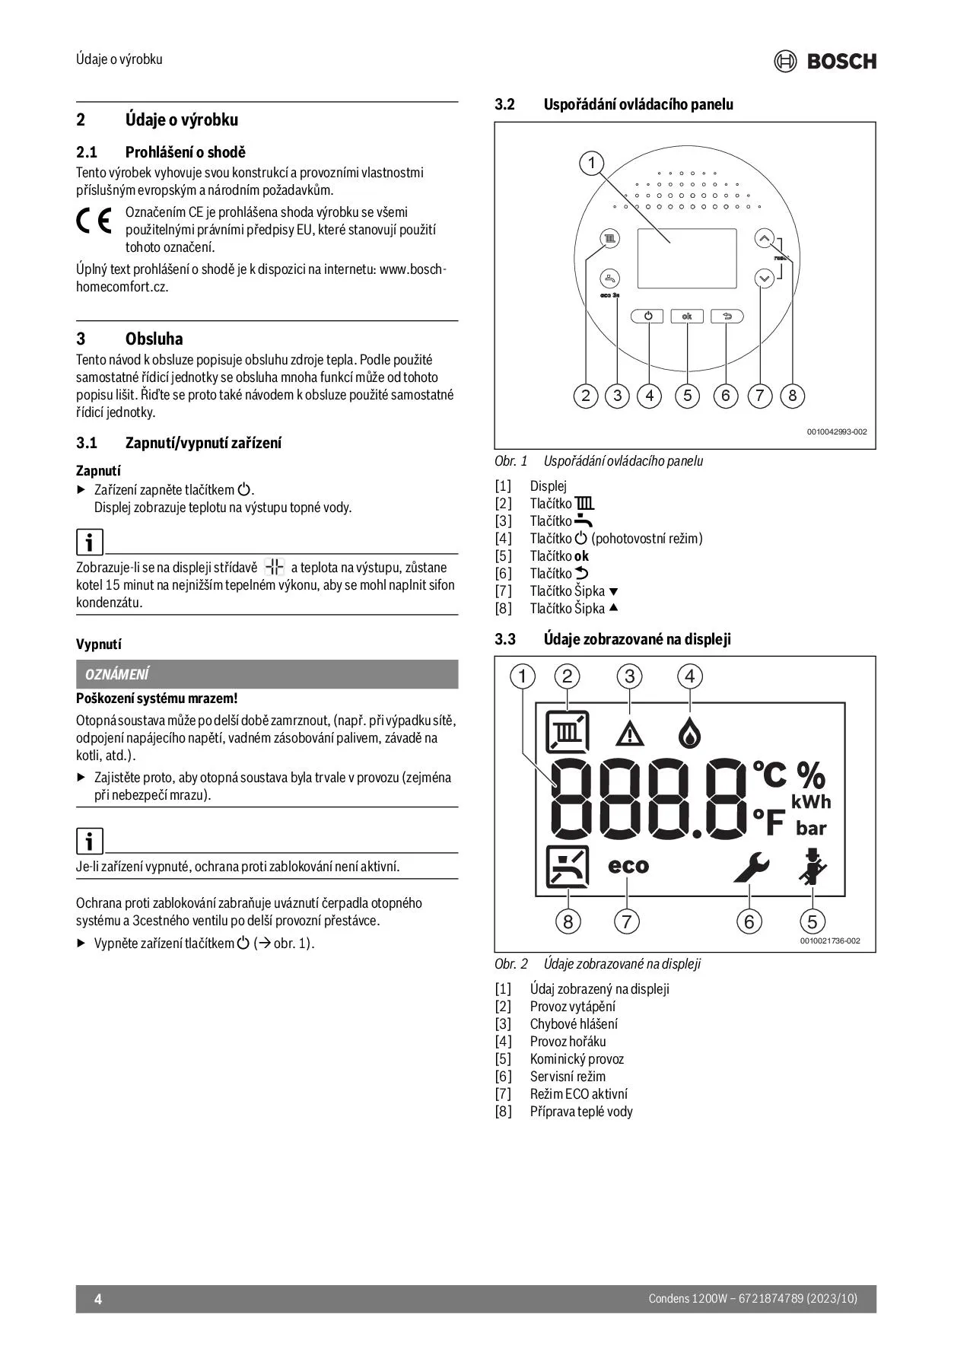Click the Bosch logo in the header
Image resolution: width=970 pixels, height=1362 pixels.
click(825, 61)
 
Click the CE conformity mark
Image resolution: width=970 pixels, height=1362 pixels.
click(94, 221)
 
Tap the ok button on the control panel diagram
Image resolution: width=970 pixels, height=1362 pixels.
click(687, 316)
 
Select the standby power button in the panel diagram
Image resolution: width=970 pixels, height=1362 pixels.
click(647, 316)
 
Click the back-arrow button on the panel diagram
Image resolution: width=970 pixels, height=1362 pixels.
click(727, 316)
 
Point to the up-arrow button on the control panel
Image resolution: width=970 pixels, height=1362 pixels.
click(765, 239)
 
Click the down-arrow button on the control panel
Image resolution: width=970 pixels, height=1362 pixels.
click(765, 279)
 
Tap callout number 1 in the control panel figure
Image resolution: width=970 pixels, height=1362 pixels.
click(591, 164)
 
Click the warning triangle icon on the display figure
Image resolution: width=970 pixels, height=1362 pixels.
click(630, 734)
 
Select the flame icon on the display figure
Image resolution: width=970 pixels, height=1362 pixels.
click(689, 733)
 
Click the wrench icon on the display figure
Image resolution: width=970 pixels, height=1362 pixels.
click(752, 867)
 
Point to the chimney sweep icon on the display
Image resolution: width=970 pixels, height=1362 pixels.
click(813, 867)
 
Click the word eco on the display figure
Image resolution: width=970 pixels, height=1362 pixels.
click(628, 866)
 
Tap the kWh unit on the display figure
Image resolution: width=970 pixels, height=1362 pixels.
click(811, 802)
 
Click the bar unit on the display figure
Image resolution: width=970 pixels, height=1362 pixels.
click(811, 828)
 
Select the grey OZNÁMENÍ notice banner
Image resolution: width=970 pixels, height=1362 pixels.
click(267, 674)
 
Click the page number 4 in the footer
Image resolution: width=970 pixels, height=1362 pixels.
click(98, 1299)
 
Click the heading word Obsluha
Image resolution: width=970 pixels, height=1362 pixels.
click(154, 339)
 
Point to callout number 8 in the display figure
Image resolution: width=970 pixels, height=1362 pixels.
click(568, 922)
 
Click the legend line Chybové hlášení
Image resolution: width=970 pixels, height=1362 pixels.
click(574, 1024)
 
